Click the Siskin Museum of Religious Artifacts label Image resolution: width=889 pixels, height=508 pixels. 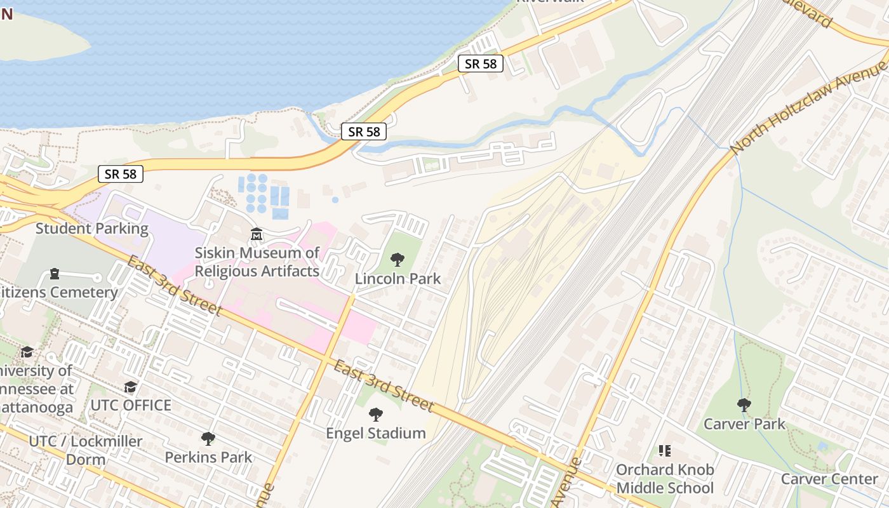coord(257,262)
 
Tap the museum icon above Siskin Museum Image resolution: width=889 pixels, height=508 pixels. coord(257,235)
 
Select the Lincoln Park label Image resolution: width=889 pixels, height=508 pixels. coord(398,279)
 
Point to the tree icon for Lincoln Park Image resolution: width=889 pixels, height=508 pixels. coord(398,259)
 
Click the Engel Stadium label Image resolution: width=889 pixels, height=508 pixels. coord(376,434)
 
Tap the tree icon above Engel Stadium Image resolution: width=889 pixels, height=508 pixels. coord(376,415)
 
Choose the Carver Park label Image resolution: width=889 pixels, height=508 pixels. coord(744,424)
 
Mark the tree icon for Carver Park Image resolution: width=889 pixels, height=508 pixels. coord(744,404)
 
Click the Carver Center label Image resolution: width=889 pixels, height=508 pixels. coord(829,479)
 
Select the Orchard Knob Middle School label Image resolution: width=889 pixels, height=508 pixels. coord(665,479)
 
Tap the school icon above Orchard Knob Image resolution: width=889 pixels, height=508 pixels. coord(665,451)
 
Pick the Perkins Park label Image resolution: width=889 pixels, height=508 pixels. coord(208,457)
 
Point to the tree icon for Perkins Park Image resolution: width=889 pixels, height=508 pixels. coord(208,438)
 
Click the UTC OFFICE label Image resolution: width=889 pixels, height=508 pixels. coord(131,405)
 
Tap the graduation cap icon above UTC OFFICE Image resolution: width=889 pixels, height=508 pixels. coord(130,387)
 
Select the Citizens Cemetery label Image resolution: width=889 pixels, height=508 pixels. coord(58,293)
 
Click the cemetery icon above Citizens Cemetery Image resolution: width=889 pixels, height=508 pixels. coord(55,274)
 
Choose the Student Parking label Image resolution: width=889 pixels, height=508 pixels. coord(92,229)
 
